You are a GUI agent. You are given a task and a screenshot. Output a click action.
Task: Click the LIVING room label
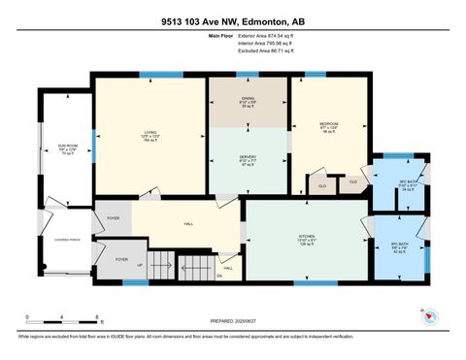click(x=150, y=133)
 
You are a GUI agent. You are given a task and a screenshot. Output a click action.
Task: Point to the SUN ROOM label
click(x=66, y=147)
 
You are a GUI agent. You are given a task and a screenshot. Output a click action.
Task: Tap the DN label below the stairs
click(x=218, y=276)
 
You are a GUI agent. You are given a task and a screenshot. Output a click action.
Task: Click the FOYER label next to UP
click(x=121, y=259)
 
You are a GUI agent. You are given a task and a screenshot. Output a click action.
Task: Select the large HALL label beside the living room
click(x=186, y=224)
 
